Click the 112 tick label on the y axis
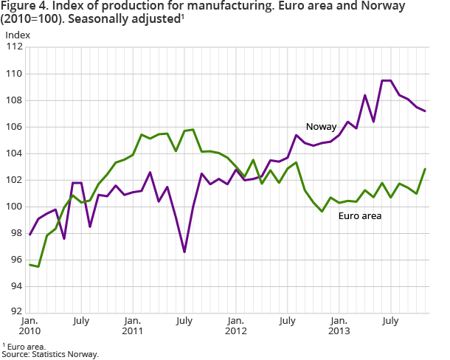pyautogui.click(x=15, y=47)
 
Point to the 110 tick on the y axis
pyautogui.click(x=15, y=74)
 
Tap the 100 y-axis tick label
pyautogui.click(x=15, y=207)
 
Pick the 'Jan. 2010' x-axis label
pyautogui.click(x=30, y=327)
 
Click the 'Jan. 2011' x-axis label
pyautogui.click(x=133, y=327)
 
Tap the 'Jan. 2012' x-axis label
pyautogui.click(x=235, y=327)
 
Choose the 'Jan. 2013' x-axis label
pyautogui.click(x=338, y=327)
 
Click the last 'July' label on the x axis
pyautogui.click(x=390, y=321)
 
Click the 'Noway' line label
pyautogui.click(x=322, y=127)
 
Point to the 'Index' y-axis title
pyautogui.click(x=18, y=34)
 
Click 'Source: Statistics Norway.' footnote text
pyautogui.click(x=49, y=354)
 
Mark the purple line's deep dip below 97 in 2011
pyautogui.click(x=184, y=252)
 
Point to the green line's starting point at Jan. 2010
pyautogui.click(x=30, y=265)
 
